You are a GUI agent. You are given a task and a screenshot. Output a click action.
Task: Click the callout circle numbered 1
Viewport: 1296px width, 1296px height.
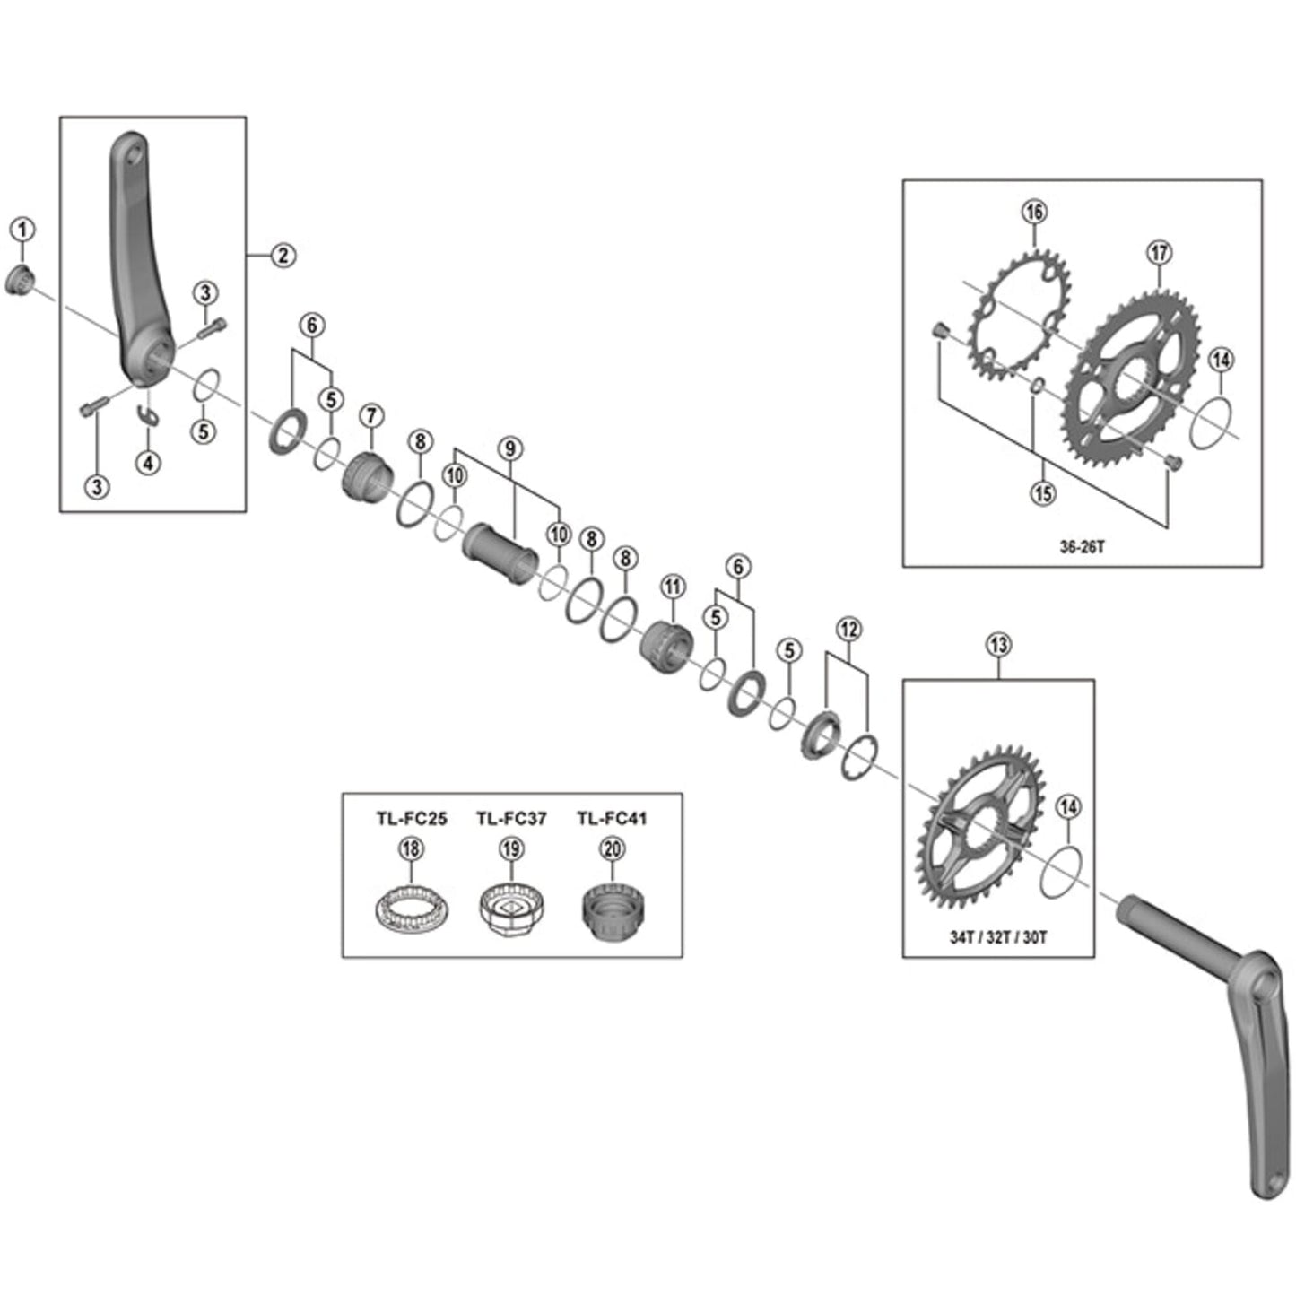pyautogui.click(x=22, y=230)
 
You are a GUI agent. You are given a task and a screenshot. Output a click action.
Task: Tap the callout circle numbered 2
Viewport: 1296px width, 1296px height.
pyautogui.click(x=283, y=256)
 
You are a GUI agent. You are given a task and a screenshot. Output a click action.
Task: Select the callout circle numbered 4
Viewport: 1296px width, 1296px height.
pyautogui.click(x=148, y=463)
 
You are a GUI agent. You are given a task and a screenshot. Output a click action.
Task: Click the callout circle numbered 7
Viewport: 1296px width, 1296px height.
pyautogui.click(x=371, y=415)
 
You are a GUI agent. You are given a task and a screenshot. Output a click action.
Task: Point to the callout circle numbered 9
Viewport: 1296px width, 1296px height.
pyautogui.click(x=510, y=448)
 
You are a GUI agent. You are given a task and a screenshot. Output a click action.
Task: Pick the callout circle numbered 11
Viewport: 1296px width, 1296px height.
pyautogui.click(x=673, y=587)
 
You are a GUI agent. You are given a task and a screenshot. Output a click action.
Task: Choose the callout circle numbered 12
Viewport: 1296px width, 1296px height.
pyautogui.click(x=848, y=630)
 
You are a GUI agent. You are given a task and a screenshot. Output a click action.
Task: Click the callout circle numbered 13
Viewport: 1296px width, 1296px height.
pyautogui.click(x=998, y=644)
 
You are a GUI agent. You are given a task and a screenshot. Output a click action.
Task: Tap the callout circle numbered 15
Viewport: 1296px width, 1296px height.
pyautogui.click(x=1043, y=492)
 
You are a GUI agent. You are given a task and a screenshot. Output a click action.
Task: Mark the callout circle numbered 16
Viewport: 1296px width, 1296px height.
pyautogui.click(x=1034, y=212)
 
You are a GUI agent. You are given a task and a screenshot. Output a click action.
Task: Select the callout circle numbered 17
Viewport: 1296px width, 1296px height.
pyautogui.click(x=1159, y=253)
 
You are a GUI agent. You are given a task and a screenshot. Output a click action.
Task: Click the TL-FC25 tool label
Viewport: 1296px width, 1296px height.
pyautogui.click(x=411, y=818)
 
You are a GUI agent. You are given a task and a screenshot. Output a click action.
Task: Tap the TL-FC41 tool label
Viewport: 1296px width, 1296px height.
pyautogui.click(x=612, y=818)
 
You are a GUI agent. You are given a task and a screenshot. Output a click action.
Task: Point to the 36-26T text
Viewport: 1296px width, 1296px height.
pyautogui.click(x=1082, y=546)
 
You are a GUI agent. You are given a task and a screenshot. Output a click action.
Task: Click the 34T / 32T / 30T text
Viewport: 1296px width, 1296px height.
pyautogui.click(x=998, y=937)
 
